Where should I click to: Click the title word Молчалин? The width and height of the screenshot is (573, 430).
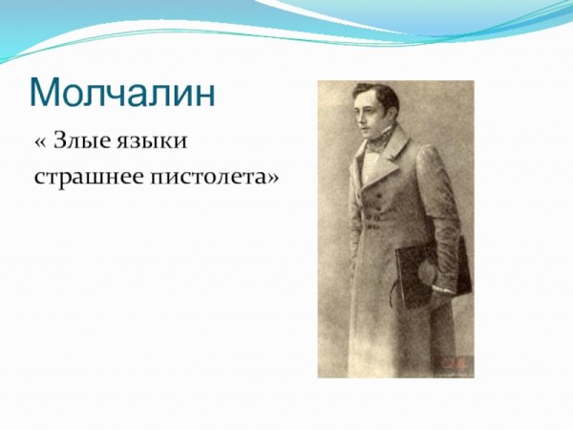[123, 92]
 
